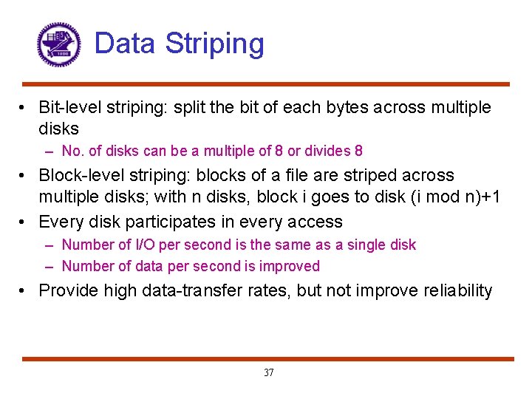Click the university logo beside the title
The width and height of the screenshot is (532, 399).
point(58,44)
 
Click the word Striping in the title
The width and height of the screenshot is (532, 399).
point(214,44)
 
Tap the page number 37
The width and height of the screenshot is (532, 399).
point(268,372)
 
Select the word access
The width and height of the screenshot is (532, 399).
point(317,222)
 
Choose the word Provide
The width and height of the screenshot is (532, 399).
point(68,290)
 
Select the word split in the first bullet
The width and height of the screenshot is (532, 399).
point(188,108)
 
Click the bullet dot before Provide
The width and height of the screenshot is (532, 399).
point(25,291)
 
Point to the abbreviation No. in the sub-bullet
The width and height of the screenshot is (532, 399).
point(72,151)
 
